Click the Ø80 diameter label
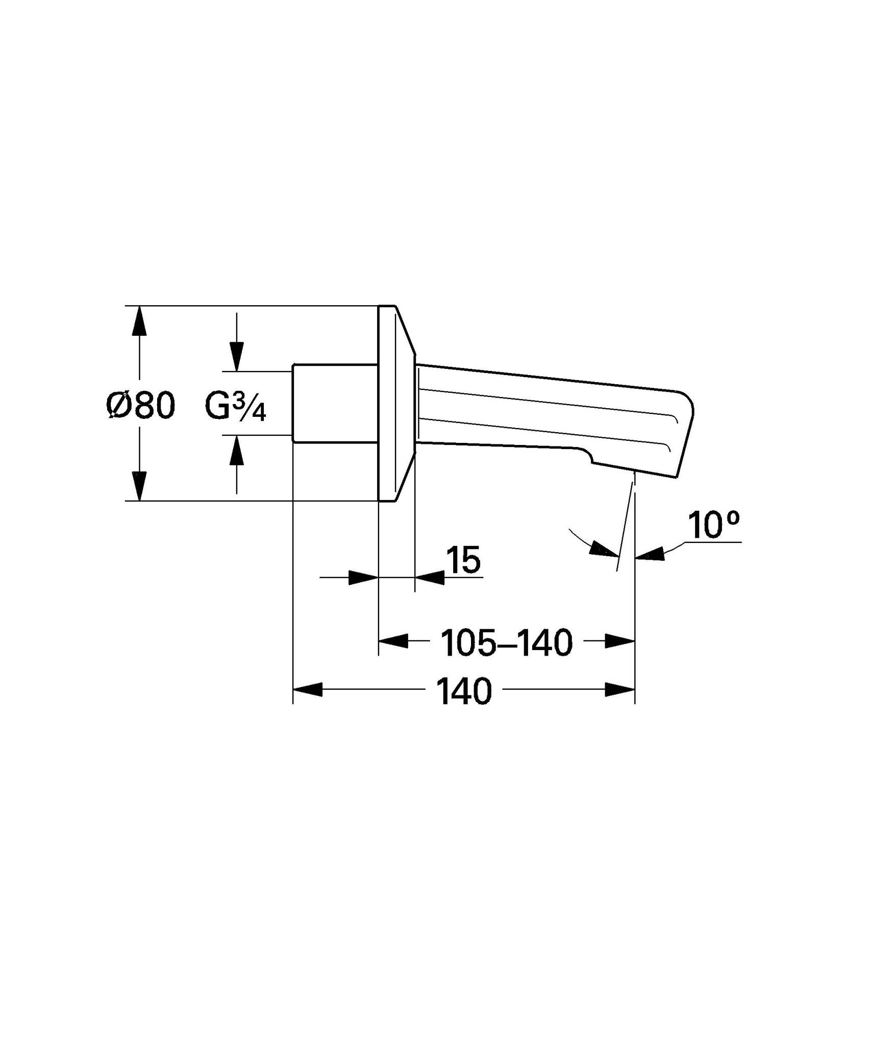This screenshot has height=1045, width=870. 141,406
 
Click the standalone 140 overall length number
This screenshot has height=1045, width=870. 464,691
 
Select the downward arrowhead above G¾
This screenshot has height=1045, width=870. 236,356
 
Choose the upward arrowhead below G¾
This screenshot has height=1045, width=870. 236,450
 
